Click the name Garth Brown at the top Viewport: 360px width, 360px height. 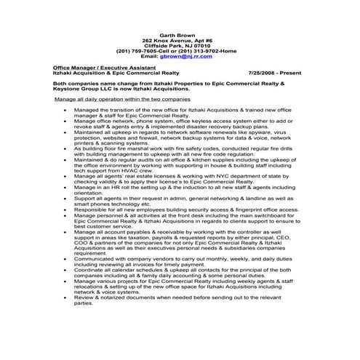pos(178,33)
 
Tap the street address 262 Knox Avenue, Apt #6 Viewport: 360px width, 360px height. pos(178,39)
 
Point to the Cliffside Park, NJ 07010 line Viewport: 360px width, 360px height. pos(178,44)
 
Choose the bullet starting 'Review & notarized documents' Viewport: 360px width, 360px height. pos(182,298)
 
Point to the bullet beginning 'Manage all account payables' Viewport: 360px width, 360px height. pos(182,237)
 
